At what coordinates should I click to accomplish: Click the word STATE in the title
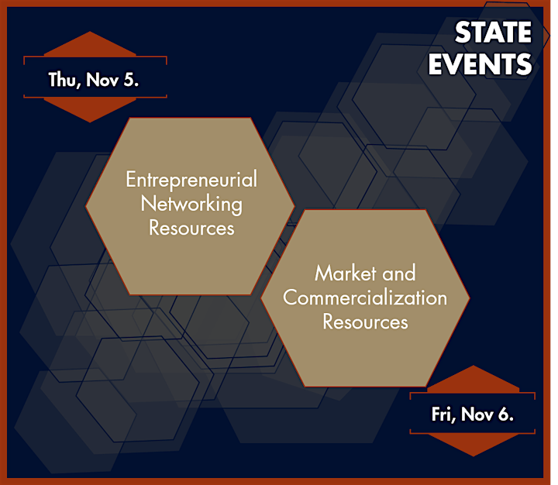(493, 33)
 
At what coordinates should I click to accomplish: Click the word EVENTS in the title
(480, 64)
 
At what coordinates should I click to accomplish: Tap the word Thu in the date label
(62, 80)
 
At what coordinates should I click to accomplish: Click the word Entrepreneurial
(191, 180)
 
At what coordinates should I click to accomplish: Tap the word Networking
(191, 205)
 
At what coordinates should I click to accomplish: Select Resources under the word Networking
(191, 228)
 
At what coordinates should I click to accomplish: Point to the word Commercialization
(365, 298)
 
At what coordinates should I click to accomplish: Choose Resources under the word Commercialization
(365, 322)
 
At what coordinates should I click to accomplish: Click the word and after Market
(399, 273)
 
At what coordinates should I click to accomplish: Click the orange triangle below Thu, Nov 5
(90, 108)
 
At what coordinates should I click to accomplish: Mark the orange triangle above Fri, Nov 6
(473, 381)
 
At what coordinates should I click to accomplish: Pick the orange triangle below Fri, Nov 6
(473, 443)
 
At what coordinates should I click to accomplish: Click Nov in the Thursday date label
(102, 80)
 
